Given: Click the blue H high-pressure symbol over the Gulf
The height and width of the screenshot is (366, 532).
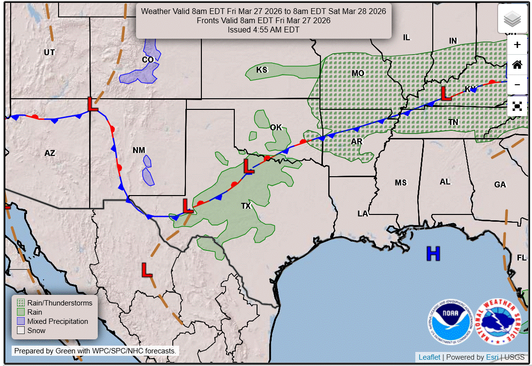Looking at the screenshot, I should coord(433,253).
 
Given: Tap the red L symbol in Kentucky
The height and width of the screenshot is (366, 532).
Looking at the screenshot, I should coord(446,93).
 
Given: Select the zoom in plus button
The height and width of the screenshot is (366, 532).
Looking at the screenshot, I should coord(517,45).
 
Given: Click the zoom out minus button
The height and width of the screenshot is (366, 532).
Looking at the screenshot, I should coord(517,85).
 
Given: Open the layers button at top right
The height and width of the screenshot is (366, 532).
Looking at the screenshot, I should coord(512,19).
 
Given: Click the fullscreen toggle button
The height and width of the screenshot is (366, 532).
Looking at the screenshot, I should coord(517,106).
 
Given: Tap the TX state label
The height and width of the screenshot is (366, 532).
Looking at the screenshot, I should coord(246,206).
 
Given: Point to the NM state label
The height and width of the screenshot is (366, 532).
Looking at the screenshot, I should coord(139,151).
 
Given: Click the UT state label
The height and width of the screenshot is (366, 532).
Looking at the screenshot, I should coord(49,52).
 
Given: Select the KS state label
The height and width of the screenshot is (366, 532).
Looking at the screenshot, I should coord(262,70).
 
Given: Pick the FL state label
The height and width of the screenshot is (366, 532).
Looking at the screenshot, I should coord(521,258).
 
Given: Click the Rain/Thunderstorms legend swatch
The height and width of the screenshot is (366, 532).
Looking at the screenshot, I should coord(20,303).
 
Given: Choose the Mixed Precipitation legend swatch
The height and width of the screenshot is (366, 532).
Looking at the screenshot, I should coord(20,321).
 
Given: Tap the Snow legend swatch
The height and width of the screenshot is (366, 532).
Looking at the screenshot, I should coord(20,331).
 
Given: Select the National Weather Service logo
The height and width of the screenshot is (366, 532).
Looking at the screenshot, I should coord(498,322).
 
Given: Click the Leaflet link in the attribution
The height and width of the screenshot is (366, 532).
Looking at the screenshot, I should coord(429,357).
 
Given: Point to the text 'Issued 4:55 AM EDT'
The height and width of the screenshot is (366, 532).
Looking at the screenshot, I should coord(263,30).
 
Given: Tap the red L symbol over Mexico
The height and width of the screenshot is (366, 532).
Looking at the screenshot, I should coord(147,270).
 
